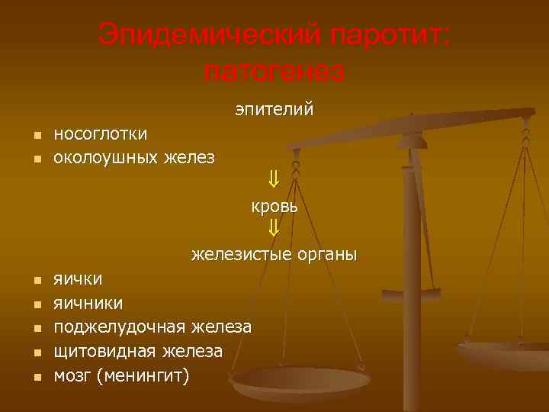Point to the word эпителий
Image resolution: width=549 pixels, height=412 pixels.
pyautogui.click(x=274, y=110)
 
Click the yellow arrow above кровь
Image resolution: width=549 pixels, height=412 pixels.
pyautogui.click(x=274, y=181)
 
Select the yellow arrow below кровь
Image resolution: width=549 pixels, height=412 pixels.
pyautogui.click(x=274, y=228)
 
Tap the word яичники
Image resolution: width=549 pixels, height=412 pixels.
pyautogui.click(x=88, y=303)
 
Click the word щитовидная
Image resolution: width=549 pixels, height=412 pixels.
pyautogui.click(x=105, y=352)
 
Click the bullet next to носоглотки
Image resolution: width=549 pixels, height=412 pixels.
pyautogui.click(x=35, y=135)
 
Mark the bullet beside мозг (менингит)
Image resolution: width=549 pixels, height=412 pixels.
pyautogui.click(x=35, y=377)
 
